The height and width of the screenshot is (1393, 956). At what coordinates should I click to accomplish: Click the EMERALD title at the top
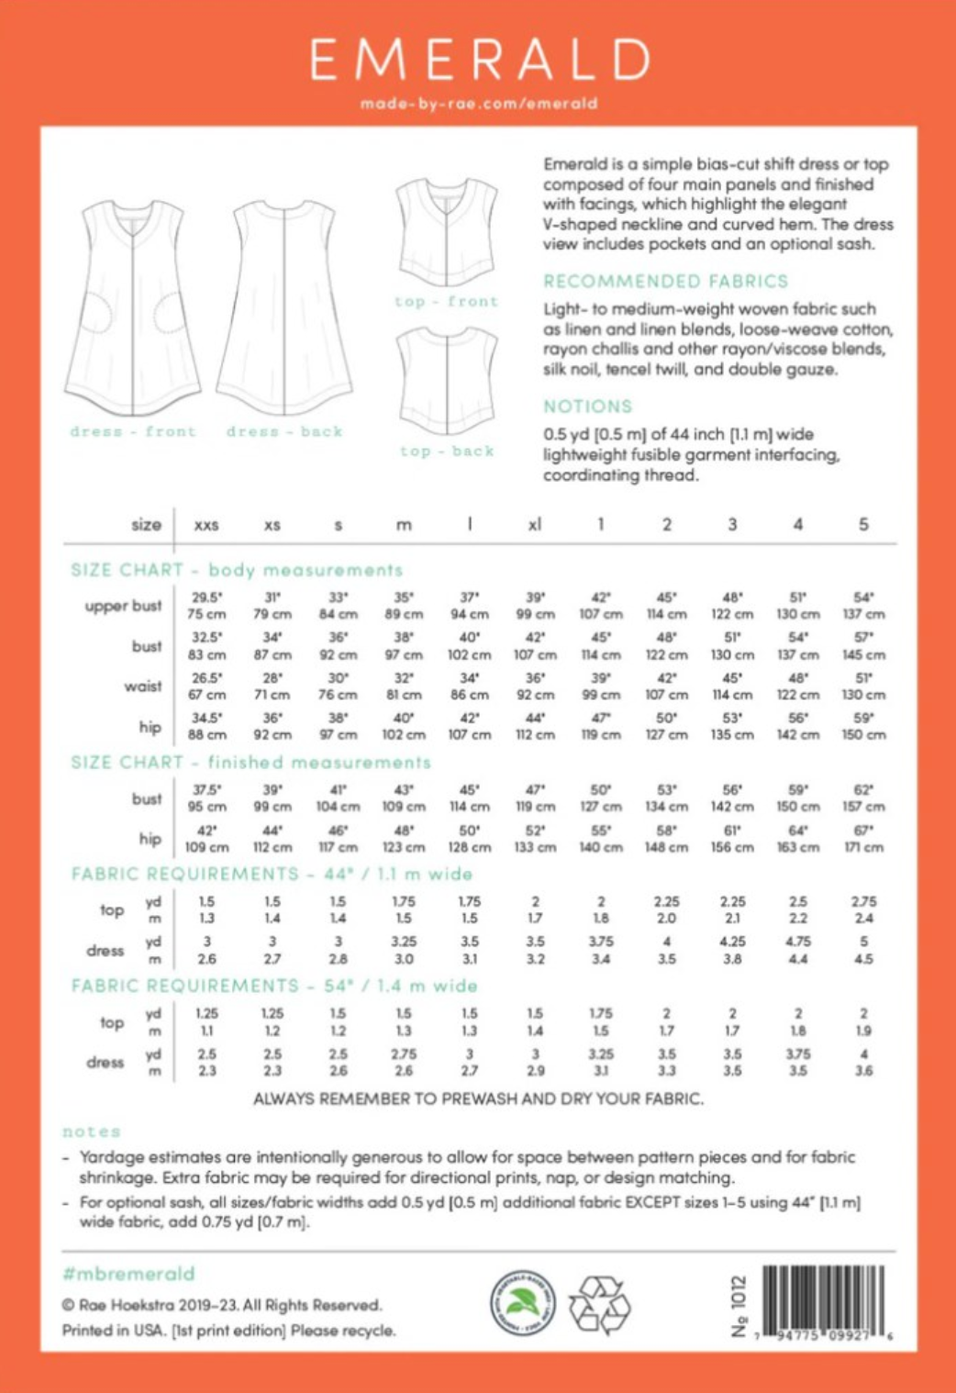tap(479, 61)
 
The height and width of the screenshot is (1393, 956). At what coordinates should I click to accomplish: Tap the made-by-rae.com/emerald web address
tap(479, 104)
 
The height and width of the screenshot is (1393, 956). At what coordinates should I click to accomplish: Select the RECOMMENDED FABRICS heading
tap(665, 281)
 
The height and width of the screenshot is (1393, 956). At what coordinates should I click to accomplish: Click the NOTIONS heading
tap(587, 407)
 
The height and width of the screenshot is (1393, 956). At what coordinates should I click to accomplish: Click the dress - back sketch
tap(284, 308)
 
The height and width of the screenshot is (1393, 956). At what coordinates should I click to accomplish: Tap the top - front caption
tap(447, 301)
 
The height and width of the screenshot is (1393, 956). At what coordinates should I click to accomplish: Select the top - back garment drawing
tap(447, 380)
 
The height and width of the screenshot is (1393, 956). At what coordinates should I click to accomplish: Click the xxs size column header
tap(206, 525)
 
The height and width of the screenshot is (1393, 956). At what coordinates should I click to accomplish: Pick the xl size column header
tap(535, 524)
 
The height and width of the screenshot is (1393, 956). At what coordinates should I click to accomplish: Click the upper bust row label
tap(123, 606)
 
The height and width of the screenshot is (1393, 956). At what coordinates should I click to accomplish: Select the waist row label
tap(143, 686)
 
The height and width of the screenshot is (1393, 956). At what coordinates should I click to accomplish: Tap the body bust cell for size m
tap(404, 646)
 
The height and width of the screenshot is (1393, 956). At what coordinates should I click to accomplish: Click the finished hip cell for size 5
tap(863, 839)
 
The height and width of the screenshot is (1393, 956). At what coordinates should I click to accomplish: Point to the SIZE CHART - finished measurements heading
tap(250, 763)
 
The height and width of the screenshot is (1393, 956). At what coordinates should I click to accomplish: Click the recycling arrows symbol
tap(599, 1303)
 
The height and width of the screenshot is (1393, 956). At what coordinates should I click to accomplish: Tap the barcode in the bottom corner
tap(823, 1301)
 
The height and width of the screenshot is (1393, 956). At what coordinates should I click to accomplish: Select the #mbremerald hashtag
tap(128, 1274)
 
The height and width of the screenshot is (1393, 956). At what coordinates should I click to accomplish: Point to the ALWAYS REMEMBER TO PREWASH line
tap(478, 1098)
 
